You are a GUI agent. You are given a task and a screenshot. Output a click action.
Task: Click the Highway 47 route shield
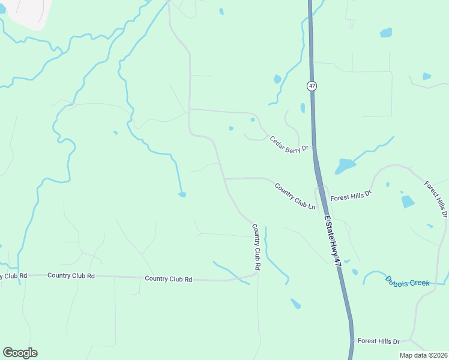pos(312,86)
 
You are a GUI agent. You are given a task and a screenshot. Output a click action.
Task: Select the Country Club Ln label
pos(295,196)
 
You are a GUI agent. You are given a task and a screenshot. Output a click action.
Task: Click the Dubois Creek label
pos(408,281)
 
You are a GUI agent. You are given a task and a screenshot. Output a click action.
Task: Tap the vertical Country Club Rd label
pos(256,246)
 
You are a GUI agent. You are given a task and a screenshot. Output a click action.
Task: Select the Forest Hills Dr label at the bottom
pos(378,341)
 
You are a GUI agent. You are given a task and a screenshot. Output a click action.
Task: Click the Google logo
pos(20,353)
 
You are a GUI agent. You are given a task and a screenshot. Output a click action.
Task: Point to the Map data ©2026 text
pos(423,355)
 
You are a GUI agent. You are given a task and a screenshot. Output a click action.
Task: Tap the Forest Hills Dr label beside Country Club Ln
pos(351,195)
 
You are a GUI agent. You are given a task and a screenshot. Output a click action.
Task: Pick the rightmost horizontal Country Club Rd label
pos(168,279)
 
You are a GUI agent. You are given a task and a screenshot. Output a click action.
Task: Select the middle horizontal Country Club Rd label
pos(71,276)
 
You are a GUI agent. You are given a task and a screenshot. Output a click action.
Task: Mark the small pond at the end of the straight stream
pos(182,194)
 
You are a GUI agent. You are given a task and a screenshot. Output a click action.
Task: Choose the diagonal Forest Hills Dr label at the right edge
pos(436,199)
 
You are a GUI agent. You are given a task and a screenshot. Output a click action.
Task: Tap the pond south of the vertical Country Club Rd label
pos(295,304)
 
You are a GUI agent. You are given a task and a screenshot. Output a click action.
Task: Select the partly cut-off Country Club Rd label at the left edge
pos(13,276)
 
